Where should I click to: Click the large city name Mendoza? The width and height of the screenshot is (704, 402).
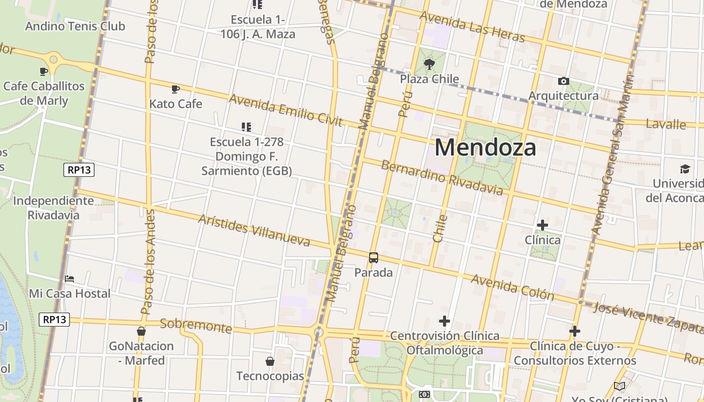click(485, 147)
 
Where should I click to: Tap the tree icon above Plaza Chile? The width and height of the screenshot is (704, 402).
click(429, 64)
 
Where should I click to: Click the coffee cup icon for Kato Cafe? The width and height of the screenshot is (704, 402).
click(175, 89)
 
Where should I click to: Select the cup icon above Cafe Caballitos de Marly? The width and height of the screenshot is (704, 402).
click(44, 71)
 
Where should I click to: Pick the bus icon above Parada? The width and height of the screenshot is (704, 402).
click(374, 258)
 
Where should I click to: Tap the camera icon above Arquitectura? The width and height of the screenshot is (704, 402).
click(564, 81)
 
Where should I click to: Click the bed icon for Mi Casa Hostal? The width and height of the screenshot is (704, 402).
click(69, 278)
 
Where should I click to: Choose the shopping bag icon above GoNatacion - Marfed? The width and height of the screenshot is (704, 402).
click(141, 331)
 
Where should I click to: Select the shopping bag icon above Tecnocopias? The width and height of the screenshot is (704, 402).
click(270, 361)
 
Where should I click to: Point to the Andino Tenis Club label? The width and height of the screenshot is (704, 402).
click(75, 26)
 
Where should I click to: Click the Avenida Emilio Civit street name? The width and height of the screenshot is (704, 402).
click(286, 110)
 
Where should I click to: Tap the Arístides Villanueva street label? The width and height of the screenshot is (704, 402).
click(254, 231)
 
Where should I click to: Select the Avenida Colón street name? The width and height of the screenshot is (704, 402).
click(512, 287)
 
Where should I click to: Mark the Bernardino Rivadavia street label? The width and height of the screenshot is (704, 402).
click(442, 177)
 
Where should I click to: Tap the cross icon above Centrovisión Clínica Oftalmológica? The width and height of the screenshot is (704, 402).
click(445, 321)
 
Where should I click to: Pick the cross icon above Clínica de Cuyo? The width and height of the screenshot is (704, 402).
click(575, 331)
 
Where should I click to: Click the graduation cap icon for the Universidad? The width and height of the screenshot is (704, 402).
click(685, 169)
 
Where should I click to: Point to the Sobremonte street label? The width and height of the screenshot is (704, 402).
click(196, 326)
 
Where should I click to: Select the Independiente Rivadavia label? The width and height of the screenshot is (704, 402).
click(53, 208)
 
